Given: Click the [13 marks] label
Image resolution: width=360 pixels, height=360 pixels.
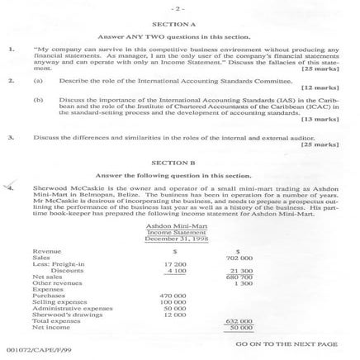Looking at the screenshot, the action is tap(320, 119).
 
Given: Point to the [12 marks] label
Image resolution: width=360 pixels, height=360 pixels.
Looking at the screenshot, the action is tap(320, 87).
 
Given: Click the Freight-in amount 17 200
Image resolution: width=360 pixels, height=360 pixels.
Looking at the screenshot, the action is tap(174, 263).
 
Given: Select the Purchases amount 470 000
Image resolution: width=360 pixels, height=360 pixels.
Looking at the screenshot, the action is tap(173, 296).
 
